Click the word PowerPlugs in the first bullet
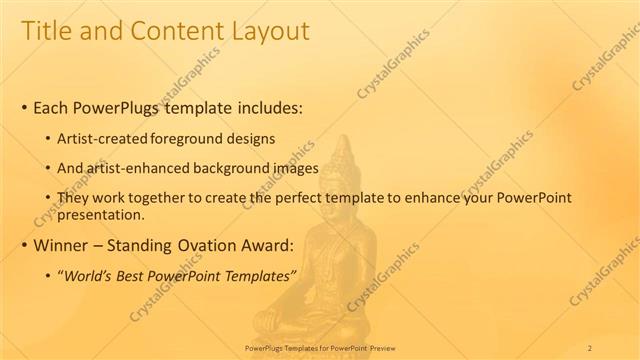(121, 107)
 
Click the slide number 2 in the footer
(589, 347)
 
